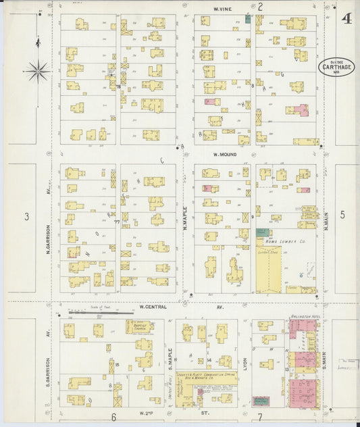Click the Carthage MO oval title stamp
[x=336, y=68]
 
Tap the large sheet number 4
[x=346, y=18]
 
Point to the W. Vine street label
[x=223, y=8]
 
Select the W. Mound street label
[x=224, y=153]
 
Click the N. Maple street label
[x=184, y=219]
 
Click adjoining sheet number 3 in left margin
[x=27, y=216]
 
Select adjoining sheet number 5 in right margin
[x=342, y=215]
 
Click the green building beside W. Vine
[x=248, y=19]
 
